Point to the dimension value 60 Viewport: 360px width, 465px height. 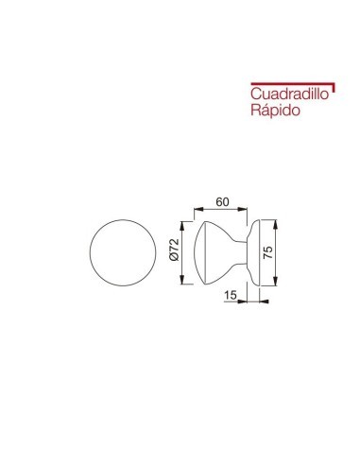(224, 201)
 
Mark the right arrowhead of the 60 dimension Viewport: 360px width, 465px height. (250, 211)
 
